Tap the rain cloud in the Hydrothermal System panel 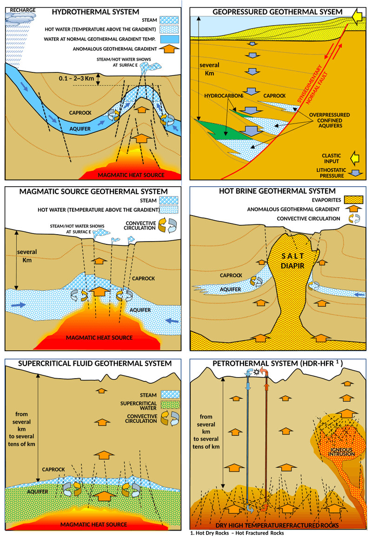pos(21,19)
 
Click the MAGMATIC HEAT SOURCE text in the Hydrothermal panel pos(131,175)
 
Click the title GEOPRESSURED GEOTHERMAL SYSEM pos(271,12)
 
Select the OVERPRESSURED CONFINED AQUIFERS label pos(331,120)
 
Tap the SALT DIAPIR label pos(293,261)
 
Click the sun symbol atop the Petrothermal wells pos(256,373)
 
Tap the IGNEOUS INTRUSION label pos(342,451)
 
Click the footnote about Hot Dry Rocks pos(237,533)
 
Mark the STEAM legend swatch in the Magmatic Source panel pos(170,201)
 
